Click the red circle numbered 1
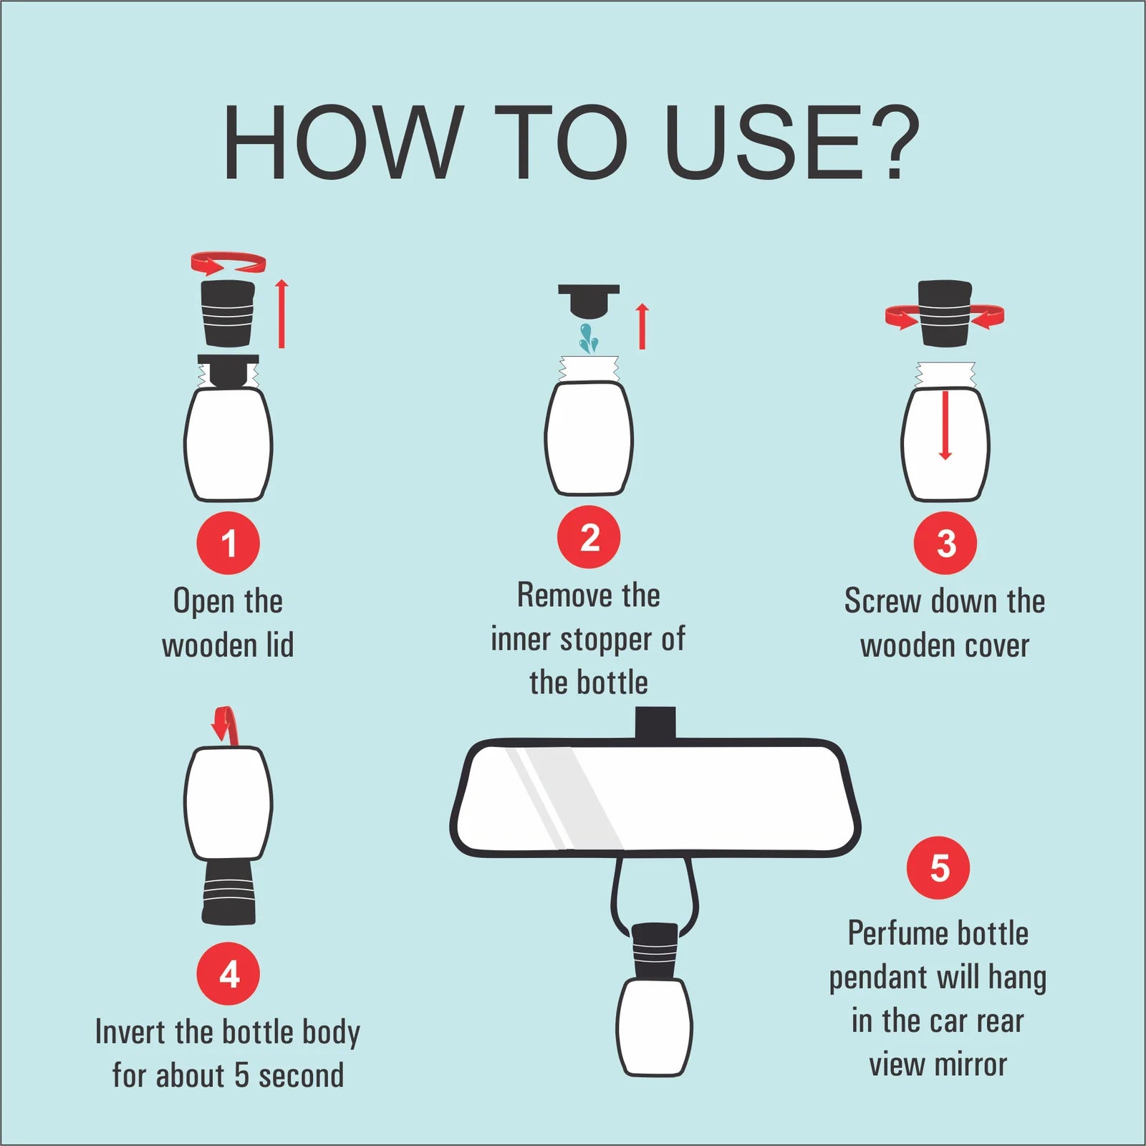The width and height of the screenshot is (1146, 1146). click(228, 543)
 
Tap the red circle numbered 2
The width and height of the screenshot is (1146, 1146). click(589, 537)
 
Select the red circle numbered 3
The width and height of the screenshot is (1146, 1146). click(945, 543)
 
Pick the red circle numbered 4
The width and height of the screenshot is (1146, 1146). click(228, 974)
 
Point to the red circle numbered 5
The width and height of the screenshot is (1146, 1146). click(938, 868)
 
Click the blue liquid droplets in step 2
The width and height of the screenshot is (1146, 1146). click(589, 338)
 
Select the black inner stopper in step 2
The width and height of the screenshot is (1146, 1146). click(589, 301)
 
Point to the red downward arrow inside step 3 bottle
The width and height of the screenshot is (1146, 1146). click(945, 425)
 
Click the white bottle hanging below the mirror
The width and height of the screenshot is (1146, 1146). click(654, 1026)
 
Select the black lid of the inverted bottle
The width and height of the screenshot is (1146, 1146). click(228, 892)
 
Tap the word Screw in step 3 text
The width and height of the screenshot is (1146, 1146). click(882, 601)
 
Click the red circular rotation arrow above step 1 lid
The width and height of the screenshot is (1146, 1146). click(228, 263)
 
